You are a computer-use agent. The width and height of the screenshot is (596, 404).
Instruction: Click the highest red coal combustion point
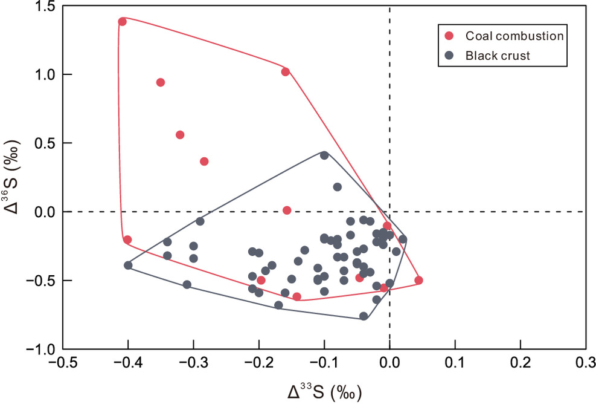point(122,22)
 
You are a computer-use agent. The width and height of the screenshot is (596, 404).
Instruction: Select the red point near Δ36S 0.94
point(161,82)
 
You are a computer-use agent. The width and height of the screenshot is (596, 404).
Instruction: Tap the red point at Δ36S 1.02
point(286,71)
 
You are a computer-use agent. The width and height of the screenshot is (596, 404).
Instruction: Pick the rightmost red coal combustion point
point(419,280)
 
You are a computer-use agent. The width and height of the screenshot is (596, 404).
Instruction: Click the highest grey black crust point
point(324,155)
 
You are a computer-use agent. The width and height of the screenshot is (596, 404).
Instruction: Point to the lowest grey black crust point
point(364,316)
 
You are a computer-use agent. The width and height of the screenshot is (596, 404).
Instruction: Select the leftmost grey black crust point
point(128,265)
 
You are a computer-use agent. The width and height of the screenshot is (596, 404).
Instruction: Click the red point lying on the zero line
point(287,210)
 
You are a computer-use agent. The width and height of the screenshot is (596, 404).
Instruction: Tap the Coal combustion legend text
point(514,35)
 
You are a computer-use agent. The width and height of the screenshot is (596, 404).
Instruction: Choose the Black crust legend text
point(497,55)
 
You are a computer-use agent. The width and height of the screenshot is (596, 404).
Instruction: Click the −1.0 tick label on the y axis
point(42,350)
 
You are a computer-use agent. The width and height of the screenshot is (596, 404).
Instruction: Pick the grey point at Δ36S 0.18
point(337,187)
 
